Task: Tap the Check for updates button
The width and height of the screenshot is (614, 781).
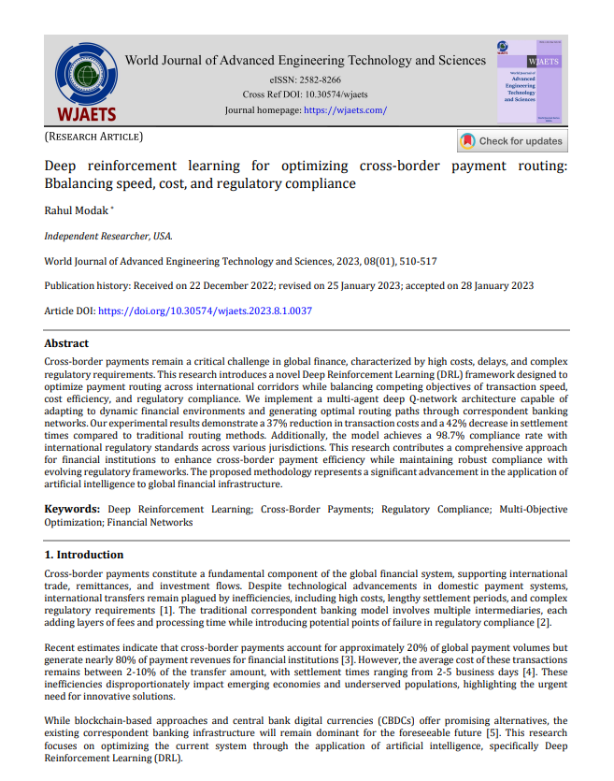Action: click(x=512, y=141)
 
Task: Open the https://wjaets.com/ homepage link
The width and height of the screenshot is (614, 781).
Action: click(x=345, y=110)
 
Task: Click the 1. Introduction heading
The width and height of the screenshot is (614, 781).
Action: click(x=84, y=555)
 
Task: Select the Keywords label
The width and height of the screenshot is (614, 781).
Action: click(x=74, y=510)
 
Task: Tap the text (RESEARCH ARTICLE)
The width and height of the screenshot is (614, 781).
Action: click(x=93, y=137)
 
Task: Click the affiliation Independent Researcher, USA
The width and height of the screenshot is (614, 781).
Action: click(x=108, y=237)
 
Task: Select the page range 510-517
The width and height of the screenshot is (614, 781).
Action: click(x=418, y=262)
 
